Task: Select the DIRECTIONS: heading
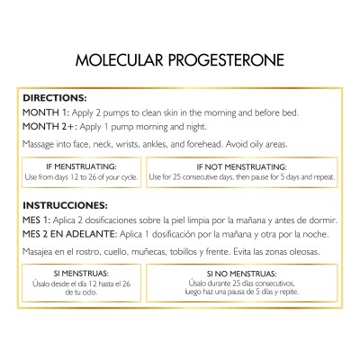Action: point(54,97)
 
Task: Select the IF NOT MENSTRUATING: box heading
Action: point(241,166)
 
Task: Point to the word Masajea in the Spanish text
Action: point(40,254)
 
